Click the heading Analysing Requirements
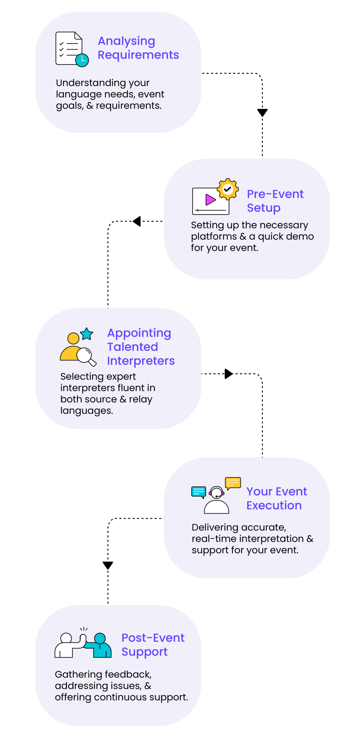click(x=138, y=48)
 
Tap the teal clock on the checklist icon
click(x=82, y=60)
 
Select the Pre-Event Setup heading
click(x=275, y=201)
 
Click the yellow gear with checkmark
click(x=228, y=189)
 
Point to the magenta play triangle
click(x=210, y=199)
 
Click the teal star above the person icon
click(x=87, y=334)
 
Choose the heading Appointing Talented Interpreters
click(x=141, y=347)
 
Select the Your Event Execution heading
click(x=276, y=498)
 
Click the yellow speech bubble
click(x=233, y=483)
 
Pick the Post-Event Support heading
click(x=153, y=645)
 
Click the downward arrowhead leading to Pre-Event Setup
click(x=262, y=113)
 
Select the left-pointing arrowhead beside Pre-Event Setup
click(x=136, y=221)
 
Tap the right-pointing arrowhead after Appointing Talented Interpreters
click(x=229, y=374)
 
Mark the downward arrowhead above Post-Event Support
click(x=108, y=565)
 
